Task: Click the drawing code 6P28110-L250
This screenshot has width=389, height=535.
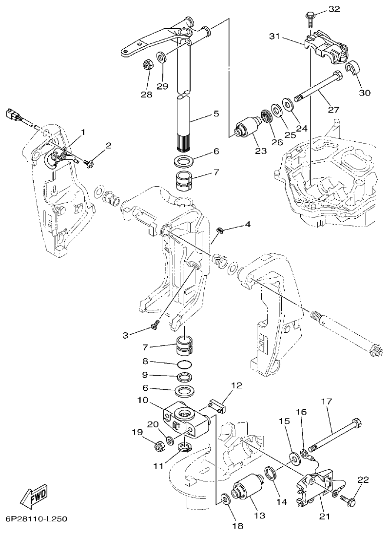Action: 37,519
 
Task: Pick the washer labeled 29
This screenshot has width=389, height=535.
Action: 162,57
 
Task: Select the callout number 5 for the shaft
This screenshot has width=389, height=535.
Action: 216,114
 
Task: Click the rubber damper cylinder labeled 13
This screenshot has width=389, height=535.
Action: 247,488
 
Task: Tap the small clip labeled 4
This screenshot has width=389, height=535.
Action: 220,230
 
